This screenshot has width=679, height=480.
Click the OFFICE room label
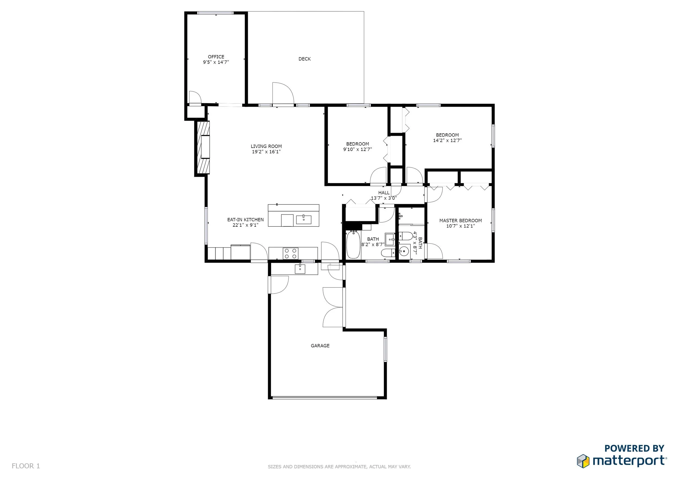[216, 57]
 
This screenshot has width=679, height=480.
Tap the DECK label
[305, 59]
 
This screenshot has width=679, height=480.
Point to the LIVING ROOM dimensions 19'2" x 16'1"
[266, 151]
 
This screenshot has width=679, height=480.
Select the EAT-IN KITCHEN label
[246, 220]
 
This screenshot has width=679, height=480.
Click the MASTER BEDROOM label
[460, 220]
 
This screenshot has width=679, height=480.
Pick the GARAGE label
[320, 346]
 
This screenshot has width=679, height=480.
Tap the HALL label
[384, 193]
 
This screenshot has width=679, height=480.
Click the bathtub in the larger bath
[353, 245]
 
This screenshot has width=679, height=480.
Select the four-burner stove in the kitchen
[290, 253]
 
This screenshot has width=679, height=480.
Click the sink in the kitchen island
[303, 220]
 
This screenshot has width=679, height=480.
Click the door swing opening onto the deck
[283, 93]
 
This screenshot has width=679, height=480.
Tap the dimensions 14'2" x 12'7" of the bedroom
[447, 140]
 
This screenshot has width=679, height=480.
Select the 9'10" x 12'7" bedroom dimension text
[357, 149]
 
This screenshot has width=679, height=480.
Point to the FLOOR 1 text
[26, 466]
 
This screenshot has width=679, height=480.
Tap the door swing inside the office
[195, 97]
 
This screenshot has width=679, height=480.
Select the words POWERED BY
[634, 449]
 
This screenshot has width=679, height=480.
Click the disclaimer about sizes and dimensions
[339, 467]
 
